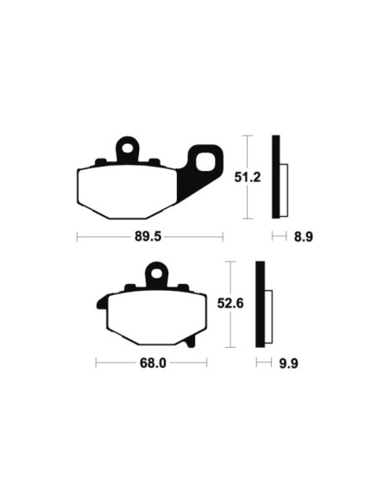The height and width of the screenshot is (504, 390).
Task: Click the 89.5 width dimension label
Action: coord(149,236)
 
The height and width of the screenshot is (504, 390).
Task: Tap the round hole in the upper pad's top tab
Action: coord(128,148)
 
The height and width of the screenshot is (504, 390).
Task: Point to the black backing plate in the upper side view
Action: coord(276,177)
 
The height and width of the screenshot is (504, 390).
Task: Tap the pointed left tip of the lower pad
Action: coord(98,304)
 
